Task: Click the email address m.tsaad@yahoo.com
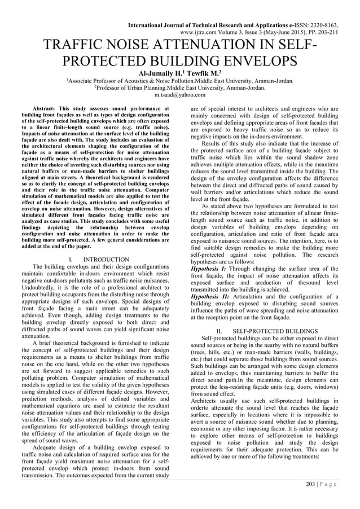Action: click(x=180, y=95)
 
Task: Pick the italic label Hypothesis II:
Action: click(x=211, y=295)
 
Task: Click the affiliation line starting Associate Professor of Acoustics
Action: click(x=180, y=81)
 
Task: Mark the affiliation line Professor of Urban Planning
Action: click(x=180, y=88)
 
